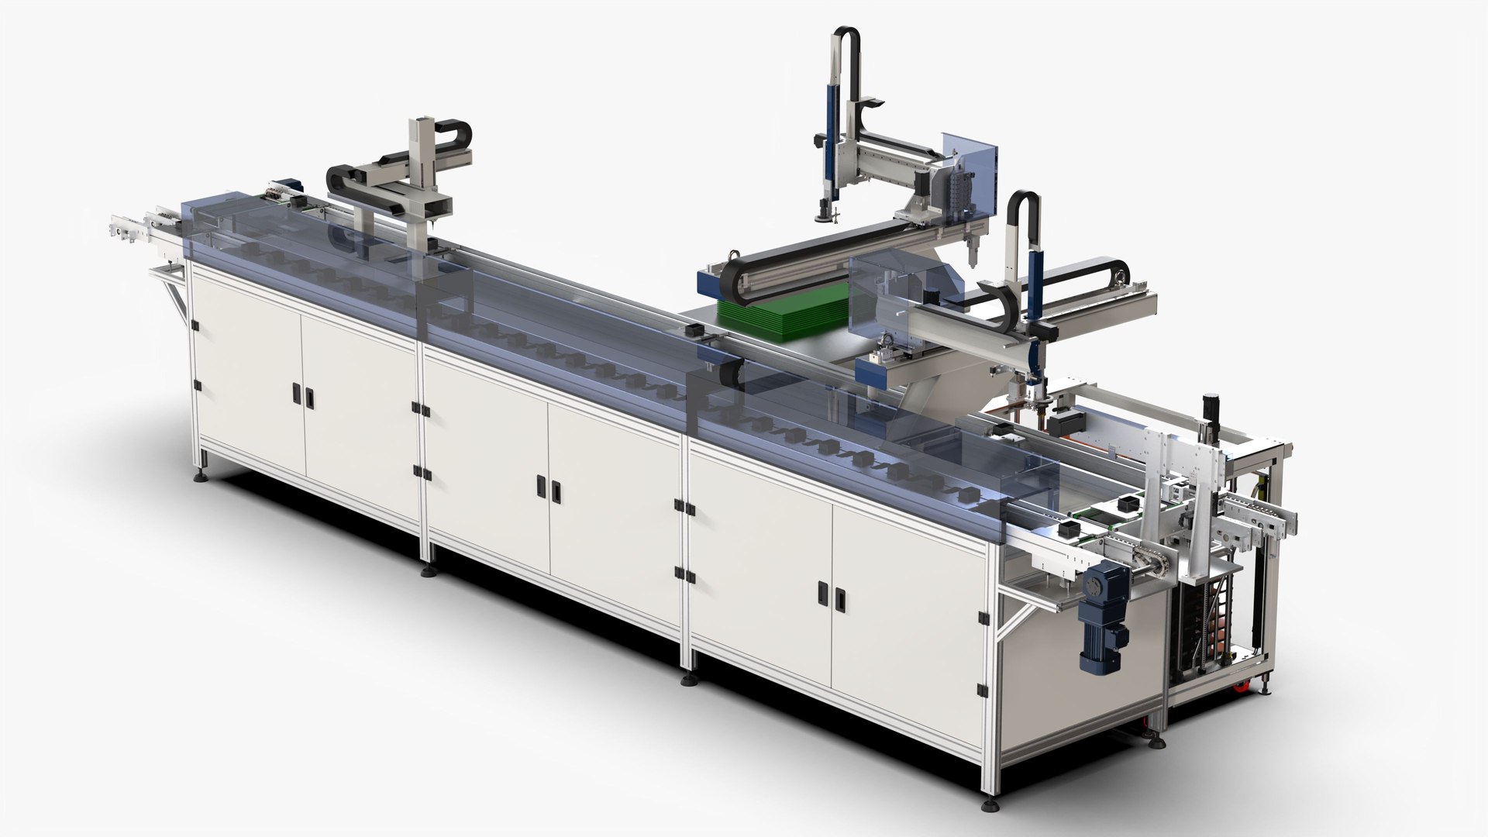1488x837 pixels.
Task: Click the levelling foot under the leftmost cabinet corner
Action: [204, 474]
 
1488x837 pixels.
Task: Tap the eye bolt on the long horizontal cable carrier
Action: [731, 255]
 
